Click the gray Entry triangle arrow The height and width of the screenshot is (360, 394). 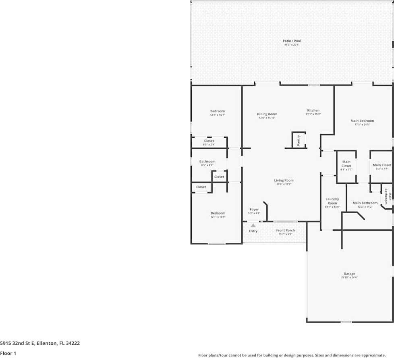click(253, 226)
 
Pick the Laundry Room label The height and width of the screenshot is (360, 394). click(332, 201)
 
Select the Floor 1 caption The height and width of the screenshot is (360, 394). click(8, 353)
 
